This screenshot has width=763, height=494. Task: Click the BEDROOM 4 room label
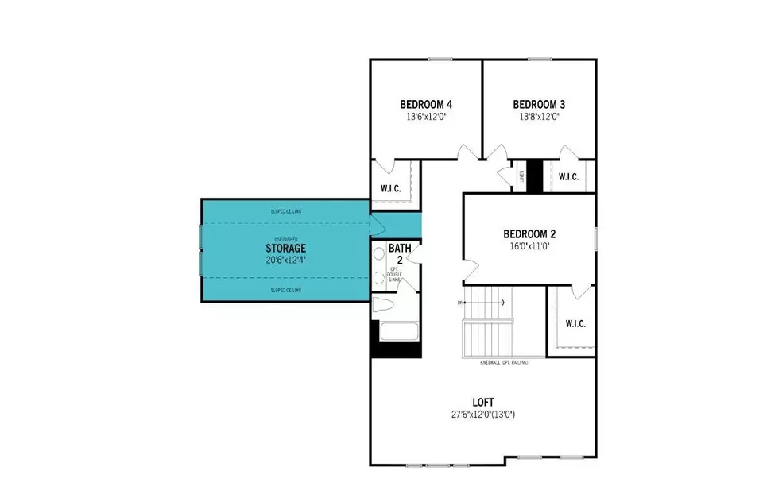426,104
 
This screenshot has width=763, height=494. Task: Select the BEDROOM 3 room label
539,104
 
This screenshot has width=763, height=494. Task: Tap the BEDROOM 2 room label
529,234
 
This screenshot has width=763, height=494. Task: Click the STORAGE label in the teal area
285,248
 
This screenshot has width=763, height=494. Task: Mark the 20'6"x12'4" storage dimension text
285,259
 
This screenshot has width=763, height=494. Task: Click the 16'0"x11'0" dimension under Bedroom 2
529,246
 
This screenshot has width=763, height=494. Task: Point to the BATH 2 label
400,253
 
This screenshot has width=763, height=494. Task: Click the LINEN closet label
521,176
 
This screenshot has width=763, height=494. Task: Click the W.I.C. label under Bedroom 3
567,176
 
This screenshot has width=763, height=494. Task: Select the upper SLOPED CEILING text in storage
285,211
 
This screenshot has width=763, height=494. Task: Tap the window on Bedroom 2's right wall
595,238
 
